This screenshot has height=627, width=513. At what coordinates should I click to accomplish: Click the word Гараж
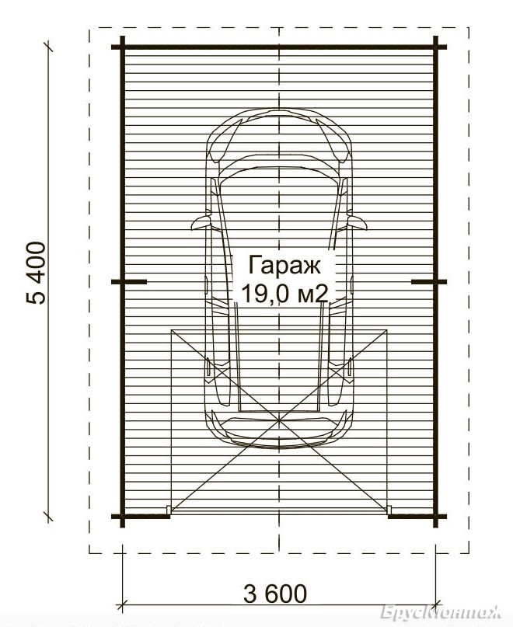[284, 266]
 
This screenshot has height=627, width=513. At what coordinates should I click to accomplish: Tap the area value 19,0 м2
[284, 294]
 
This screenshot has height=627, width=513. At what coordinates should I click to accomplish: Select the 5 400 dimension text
[36, 273]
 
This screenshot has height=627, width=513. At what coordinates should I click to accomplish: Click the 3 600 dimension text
[275, 594]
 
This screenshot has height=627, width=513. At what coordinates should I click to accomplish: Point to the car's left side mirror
[201, 222]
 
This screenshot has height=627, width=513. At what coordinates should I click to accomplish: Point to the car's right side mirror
[358, 222]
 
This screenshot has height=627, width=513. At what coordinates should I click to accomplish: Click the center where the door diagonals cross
[279, 420]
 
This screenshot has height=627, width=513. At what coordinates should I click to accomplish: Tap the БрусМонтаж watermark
[441, 612]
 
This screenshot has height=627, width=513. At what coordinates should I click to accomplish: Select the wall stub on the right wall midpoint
[429, 282]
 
